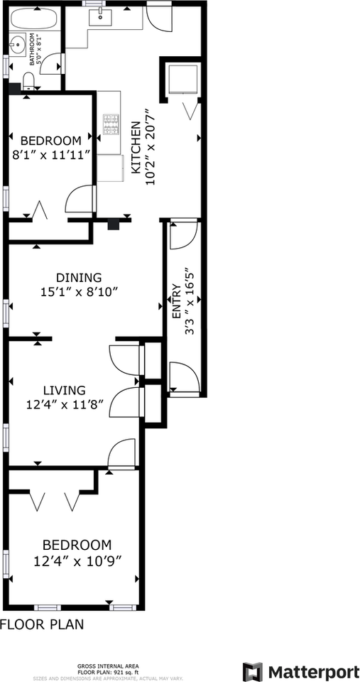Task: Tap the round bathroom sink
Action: [18, 45]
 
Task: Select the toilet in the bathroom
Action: [29, 81]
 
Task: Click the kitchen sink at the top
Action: [100, 17]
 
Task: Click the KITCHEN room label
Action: [136, 146]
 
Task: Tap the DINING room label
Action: [79, 277]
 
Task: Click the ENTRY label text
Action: [177, 301]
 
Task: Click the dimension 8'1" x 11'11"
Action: [51, 154]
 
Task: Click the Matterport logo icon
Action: [252, 670]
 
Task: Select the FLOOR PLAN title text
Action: [42, 624]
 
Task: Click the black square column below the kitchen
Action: [114, 224]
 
